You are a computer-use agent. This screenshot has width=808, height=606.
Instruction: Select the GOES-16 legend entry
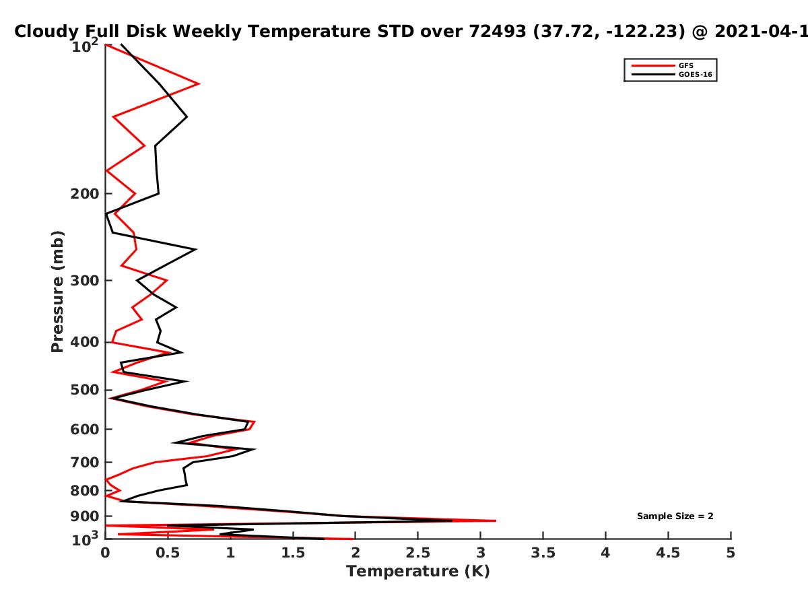pos(672,74)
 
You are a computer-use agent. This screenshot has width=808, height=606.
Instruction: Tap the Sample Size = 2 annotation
pos(675,516)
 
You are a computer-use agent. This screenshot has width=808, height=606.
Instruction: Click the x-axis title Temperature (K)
pos(418,572)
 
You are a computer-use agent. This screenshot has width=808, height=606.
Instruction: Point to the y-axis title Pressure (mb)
pos(57,292)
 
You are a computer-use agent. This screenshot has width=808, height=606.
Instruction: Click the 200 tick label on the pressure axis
pos(85,194)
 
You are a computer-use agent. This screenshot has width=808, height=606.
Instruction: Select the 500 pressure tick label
pos(85,390)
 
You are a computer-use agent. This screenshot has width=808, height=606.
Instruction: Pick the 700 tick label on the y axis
pos(85,463)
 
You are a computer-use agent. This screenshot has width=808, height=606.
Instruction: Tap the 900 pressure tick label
pos(85,516)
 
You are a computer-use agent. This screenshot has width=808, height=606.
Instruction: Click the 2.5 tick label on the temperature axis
pos(418,553)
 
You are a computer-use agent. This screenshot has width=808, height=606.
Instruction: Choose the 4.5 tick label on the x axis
pos(668,553)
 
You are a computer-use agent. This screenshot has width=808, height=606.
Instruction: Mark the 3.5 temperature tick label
pos(543,553)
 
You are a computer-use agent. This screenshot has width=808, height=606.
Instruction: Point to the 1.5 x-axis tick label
pos(293,553)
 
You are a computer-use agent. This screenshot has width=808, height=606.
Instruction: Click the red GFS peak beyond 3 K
pos(496,520)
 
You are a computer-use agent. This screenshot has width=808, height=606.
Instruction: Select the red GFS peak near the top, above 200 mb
pos(199,84)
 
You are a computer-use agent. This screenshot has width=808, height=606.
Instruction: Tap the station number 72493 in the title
pos(498,31)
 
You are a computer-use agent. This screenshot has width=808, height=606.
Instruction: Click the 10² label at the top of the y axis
pos(85,46)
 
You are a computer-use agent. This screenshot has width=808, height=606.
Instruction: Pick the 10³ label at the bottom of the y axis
pos(85,539)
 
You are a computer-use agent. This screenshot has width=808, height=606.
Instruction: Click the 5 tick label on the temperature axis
pos(731,553)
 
